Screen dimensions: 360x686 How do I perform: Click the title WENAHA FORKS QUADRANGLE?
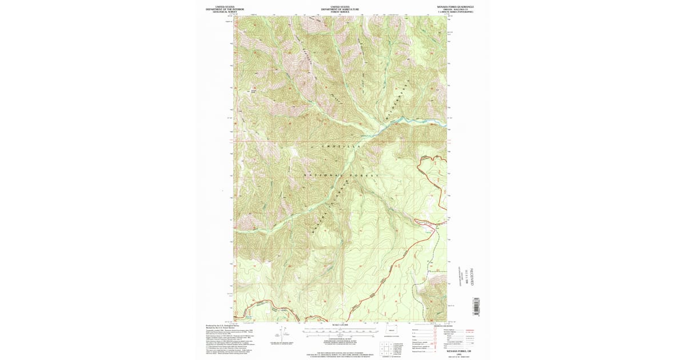456,7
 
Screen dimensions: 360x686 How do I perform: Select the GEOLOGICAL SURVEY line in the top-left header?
224,12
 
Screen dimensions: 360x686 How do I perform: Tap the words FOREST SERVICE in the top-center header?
340,12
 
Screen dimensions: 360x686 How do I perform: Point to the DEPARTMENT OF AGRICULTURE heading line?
340,9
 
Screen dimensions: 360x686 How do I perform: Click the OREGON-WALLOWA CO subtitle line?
456,10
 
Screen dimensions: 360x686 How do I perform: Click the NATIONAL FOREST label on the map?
341,175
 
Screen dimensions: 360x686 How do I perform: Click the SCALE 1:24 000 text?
340,325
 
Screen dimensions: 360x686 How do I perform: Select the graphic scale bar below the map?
340,330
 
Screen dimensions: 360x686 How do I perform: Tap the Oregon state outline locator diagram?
392,330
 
